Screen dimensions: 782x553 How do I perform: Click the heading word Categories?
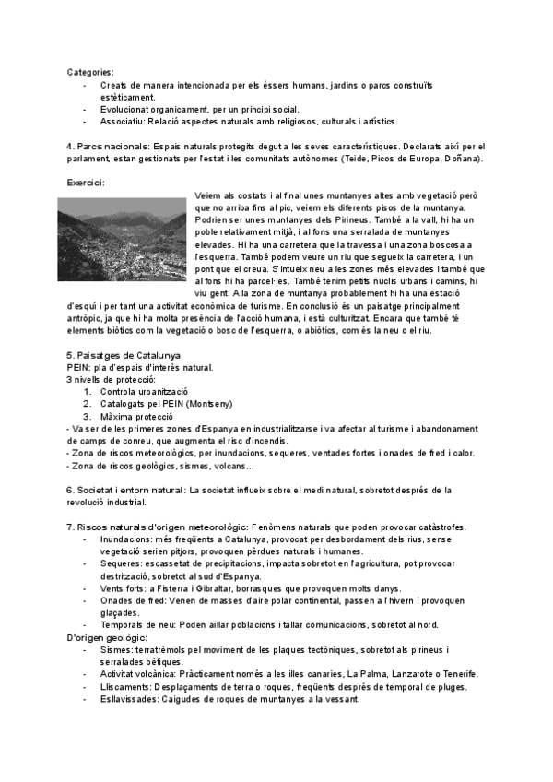point(90,71)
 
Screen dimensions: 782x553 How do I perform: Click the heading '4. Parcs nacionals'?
point(106,147)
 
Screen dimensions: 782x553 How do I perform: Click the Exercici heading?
point(86,183)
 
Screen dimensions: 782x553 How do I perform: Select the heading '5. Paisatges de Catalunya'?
point(124,355)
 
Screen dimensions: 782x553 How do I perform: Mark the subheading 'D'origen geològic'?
point(107,637)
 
